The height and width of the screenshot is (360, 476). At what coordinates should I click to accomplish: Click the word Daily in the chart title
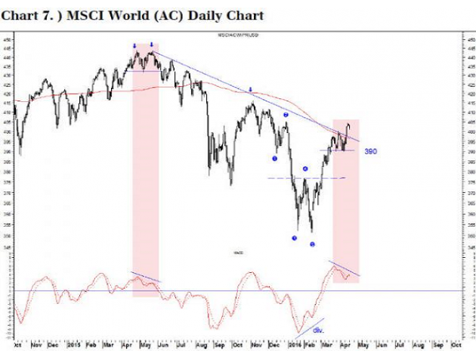click(190, 15)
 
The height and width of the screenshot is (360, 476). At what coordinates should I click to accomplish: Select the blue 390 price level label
click(371, 152)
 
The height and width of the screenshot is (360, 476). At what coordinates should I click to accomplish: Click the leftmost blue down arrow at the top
click(134, 46)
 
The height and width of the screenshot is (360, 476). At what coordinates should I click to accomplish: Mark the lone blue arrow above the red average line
click(251, 89)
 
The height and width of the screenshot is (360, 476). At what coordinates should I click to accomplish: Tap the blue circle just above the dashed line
click(305, 169)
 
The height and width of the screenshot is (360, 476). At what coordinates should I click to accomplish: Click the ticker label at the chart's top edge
click(235, 36)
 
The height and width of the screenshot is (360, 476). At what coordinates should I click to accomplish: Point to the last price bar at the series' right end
click(348, 126)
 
